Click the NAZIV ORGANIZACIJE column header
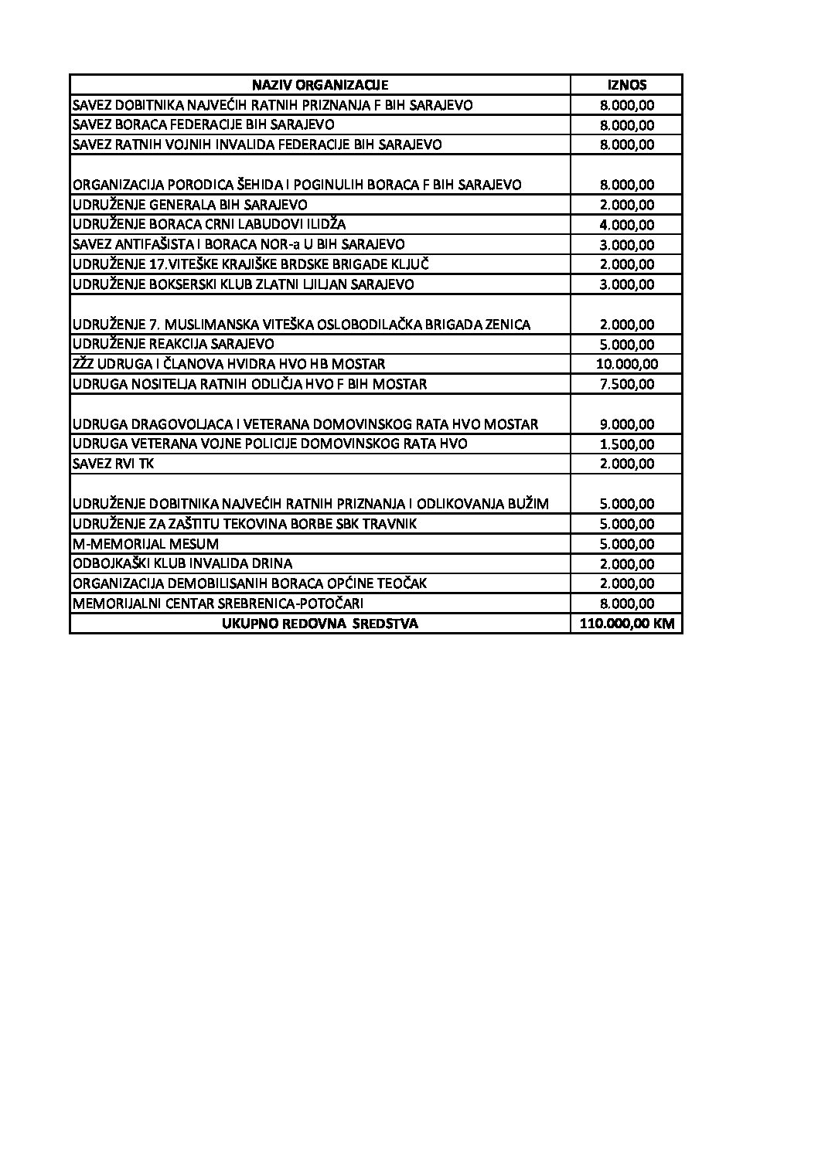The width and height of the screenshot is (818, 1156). tap(320, 85)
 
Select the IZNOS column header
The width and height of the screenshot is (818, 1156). tap(627, 85)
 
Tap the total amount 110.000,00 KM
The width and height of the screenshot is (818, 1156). tap(627, 624)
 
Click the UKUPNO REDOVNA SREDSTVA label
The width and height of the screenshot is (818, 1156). tap(320, 624)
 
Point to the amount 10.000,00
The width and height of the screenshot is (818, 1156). tap(627, 364)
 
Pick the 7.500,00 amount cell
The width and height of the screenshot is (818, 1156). tap(627, 384)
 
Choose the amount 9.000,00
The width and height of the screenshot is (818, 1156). tap(627, 424)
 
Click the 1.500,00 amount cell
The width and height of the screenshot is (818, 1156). tap(627, 444)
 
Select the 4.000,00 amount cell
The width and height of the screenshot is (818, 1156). tap(627, 225)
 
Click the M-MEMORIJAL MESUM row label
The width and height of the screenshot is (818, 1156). tap(145, 544)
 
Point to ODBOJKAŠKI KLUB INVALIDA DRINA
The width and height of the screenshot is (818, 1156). tap(182, 563)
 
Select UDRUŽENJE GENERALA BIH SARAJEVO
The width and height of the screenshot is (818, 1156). tap(189, 205)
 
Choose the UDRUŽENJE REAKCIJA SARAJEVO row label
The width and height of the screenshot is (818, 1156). tap(173, 344)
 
